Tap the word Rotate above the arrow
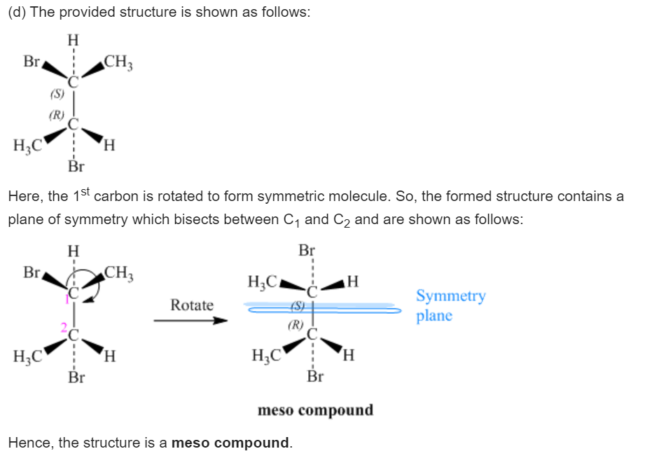192,305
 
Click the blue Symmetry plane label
450,305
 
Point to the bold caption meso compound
315,410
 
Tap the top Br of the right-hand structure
307,250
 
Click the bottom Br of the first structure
76,167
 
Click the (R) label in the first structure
56,114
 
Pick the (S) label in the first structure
57,93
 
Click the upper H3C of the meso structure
263,282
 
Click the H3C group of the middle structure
27,357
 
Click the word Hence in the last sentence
28,443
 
